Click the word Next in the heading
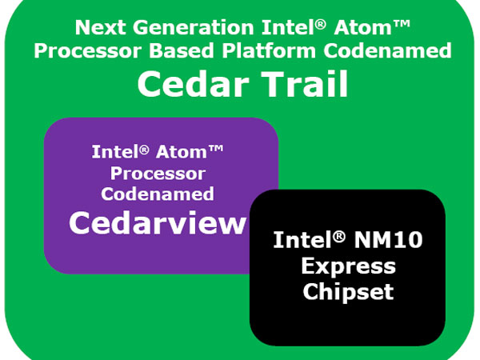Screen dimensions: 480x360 (101, 27)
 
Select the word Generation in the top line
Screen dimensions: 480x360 (193, 27)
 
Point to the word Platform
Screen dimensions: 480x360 (269, 50)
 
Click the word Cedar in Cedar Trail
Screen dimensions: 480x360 (193, 84)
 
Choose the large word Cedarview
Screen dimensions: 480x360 (158, 222)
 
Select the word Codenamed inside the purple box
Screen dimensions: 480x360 (158, 194)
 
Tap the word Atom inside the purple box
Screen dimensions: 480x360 (182, 152)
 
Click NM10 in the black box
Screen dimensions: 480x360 (388, 240)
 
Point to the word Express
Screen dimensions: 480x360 (348, 267)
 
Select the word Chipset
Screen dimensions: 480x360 (348, 291)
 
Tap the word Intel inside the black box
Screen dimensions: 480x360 (302, 240)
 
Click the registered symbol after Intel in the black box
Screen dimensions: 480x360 (339, 236)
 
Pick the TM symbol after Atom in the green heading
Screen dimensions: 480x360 (401, 24)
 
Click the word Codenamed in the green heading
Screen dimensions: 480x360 (387, 50)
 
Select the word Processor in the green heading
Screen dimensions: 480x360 (88, 51)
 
